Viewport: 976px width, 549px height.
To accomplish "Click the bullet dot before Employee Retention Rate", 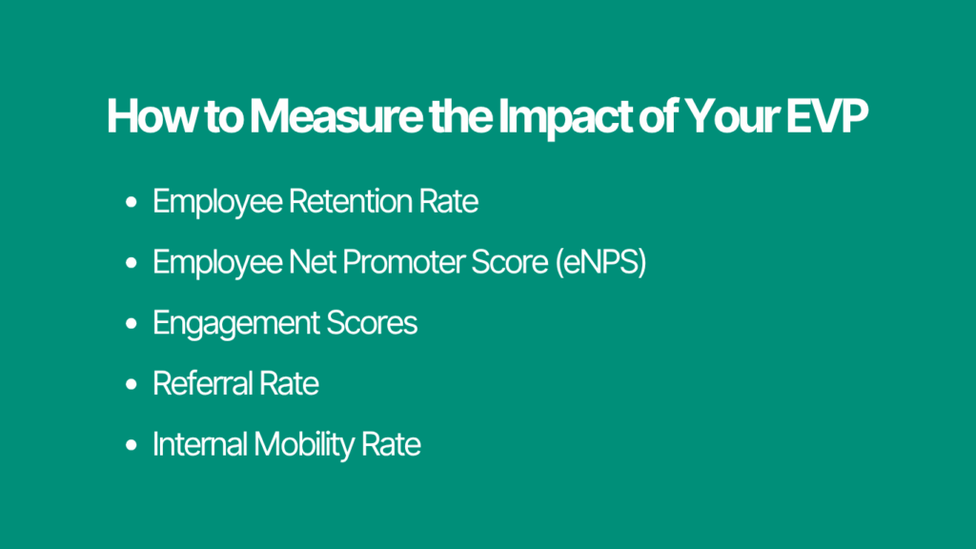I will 131,203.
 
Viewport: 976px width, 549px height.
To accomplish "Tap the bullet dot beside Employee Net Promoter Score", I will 131,264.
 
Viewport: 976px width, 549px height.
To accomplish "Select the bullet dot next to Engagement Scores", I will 131,324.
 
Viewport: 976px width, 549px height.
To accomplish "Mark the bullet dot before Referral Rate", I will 131,385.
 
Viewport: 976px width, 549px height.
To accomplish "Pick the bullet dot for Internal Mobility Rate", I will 131,445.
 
